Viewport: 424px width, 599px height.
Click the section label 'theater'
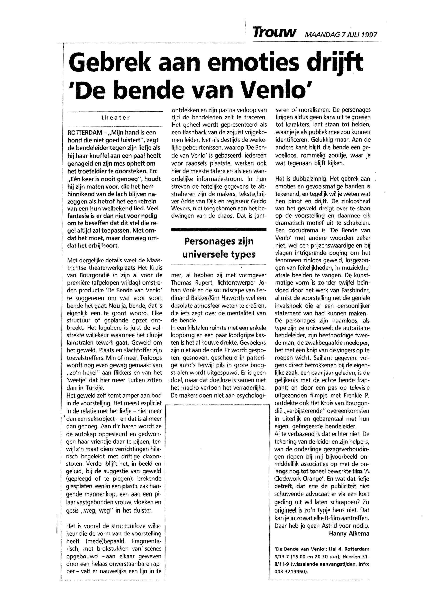[x=115, y=118]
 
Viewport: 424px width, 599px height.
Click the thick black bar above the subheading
[x=219, y=230]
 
